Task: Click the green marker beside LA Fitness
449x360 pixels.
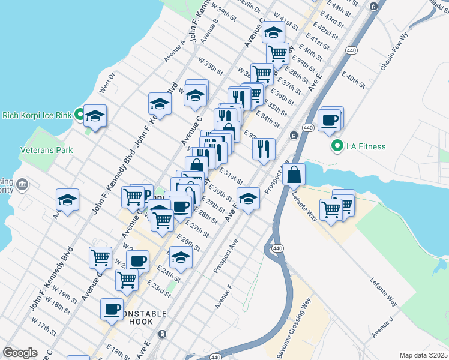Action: click(337, 146)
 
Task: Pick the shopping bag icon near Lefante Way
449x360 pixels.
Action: click(294, 176)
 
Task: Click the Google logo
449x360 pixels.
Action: click(20, 353)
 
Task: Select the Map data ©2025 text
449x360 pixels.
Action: click(423, 355)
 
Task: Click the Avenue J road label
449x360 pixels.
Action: click(382, 325)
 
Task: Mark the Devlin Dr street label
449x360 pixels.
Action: click(249, 7)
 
